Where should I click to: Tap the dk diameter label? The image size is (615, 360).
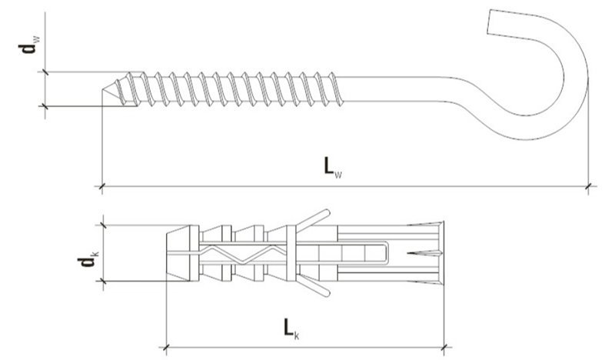(x=86, y=262)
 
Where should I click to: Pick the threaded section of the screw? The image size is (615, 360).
(x=231, y=88)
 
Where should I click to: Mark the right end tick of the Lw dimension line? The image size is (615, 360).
(x=589, y=185)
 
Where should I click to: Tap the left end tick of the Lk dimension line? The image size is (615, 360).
(x=167, y=344)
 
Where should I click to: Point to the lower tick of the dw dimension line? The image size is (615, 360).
(x=45, y=105)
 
